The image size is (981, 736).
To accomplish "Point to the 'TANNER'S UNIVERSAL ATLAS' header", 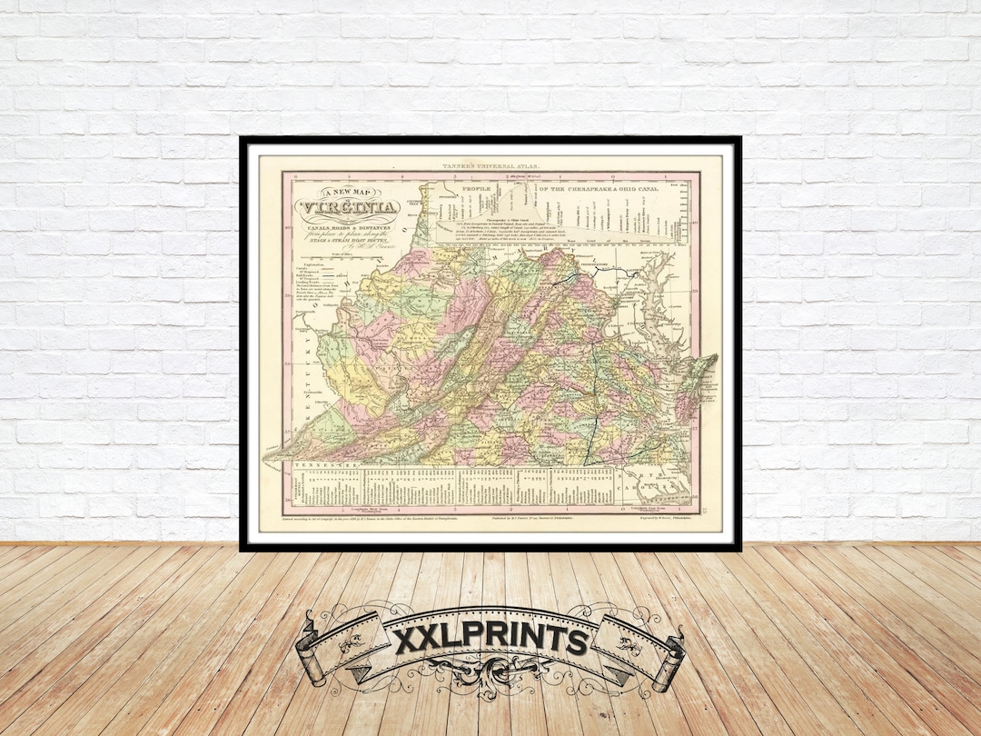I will (x=490, y=164).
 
